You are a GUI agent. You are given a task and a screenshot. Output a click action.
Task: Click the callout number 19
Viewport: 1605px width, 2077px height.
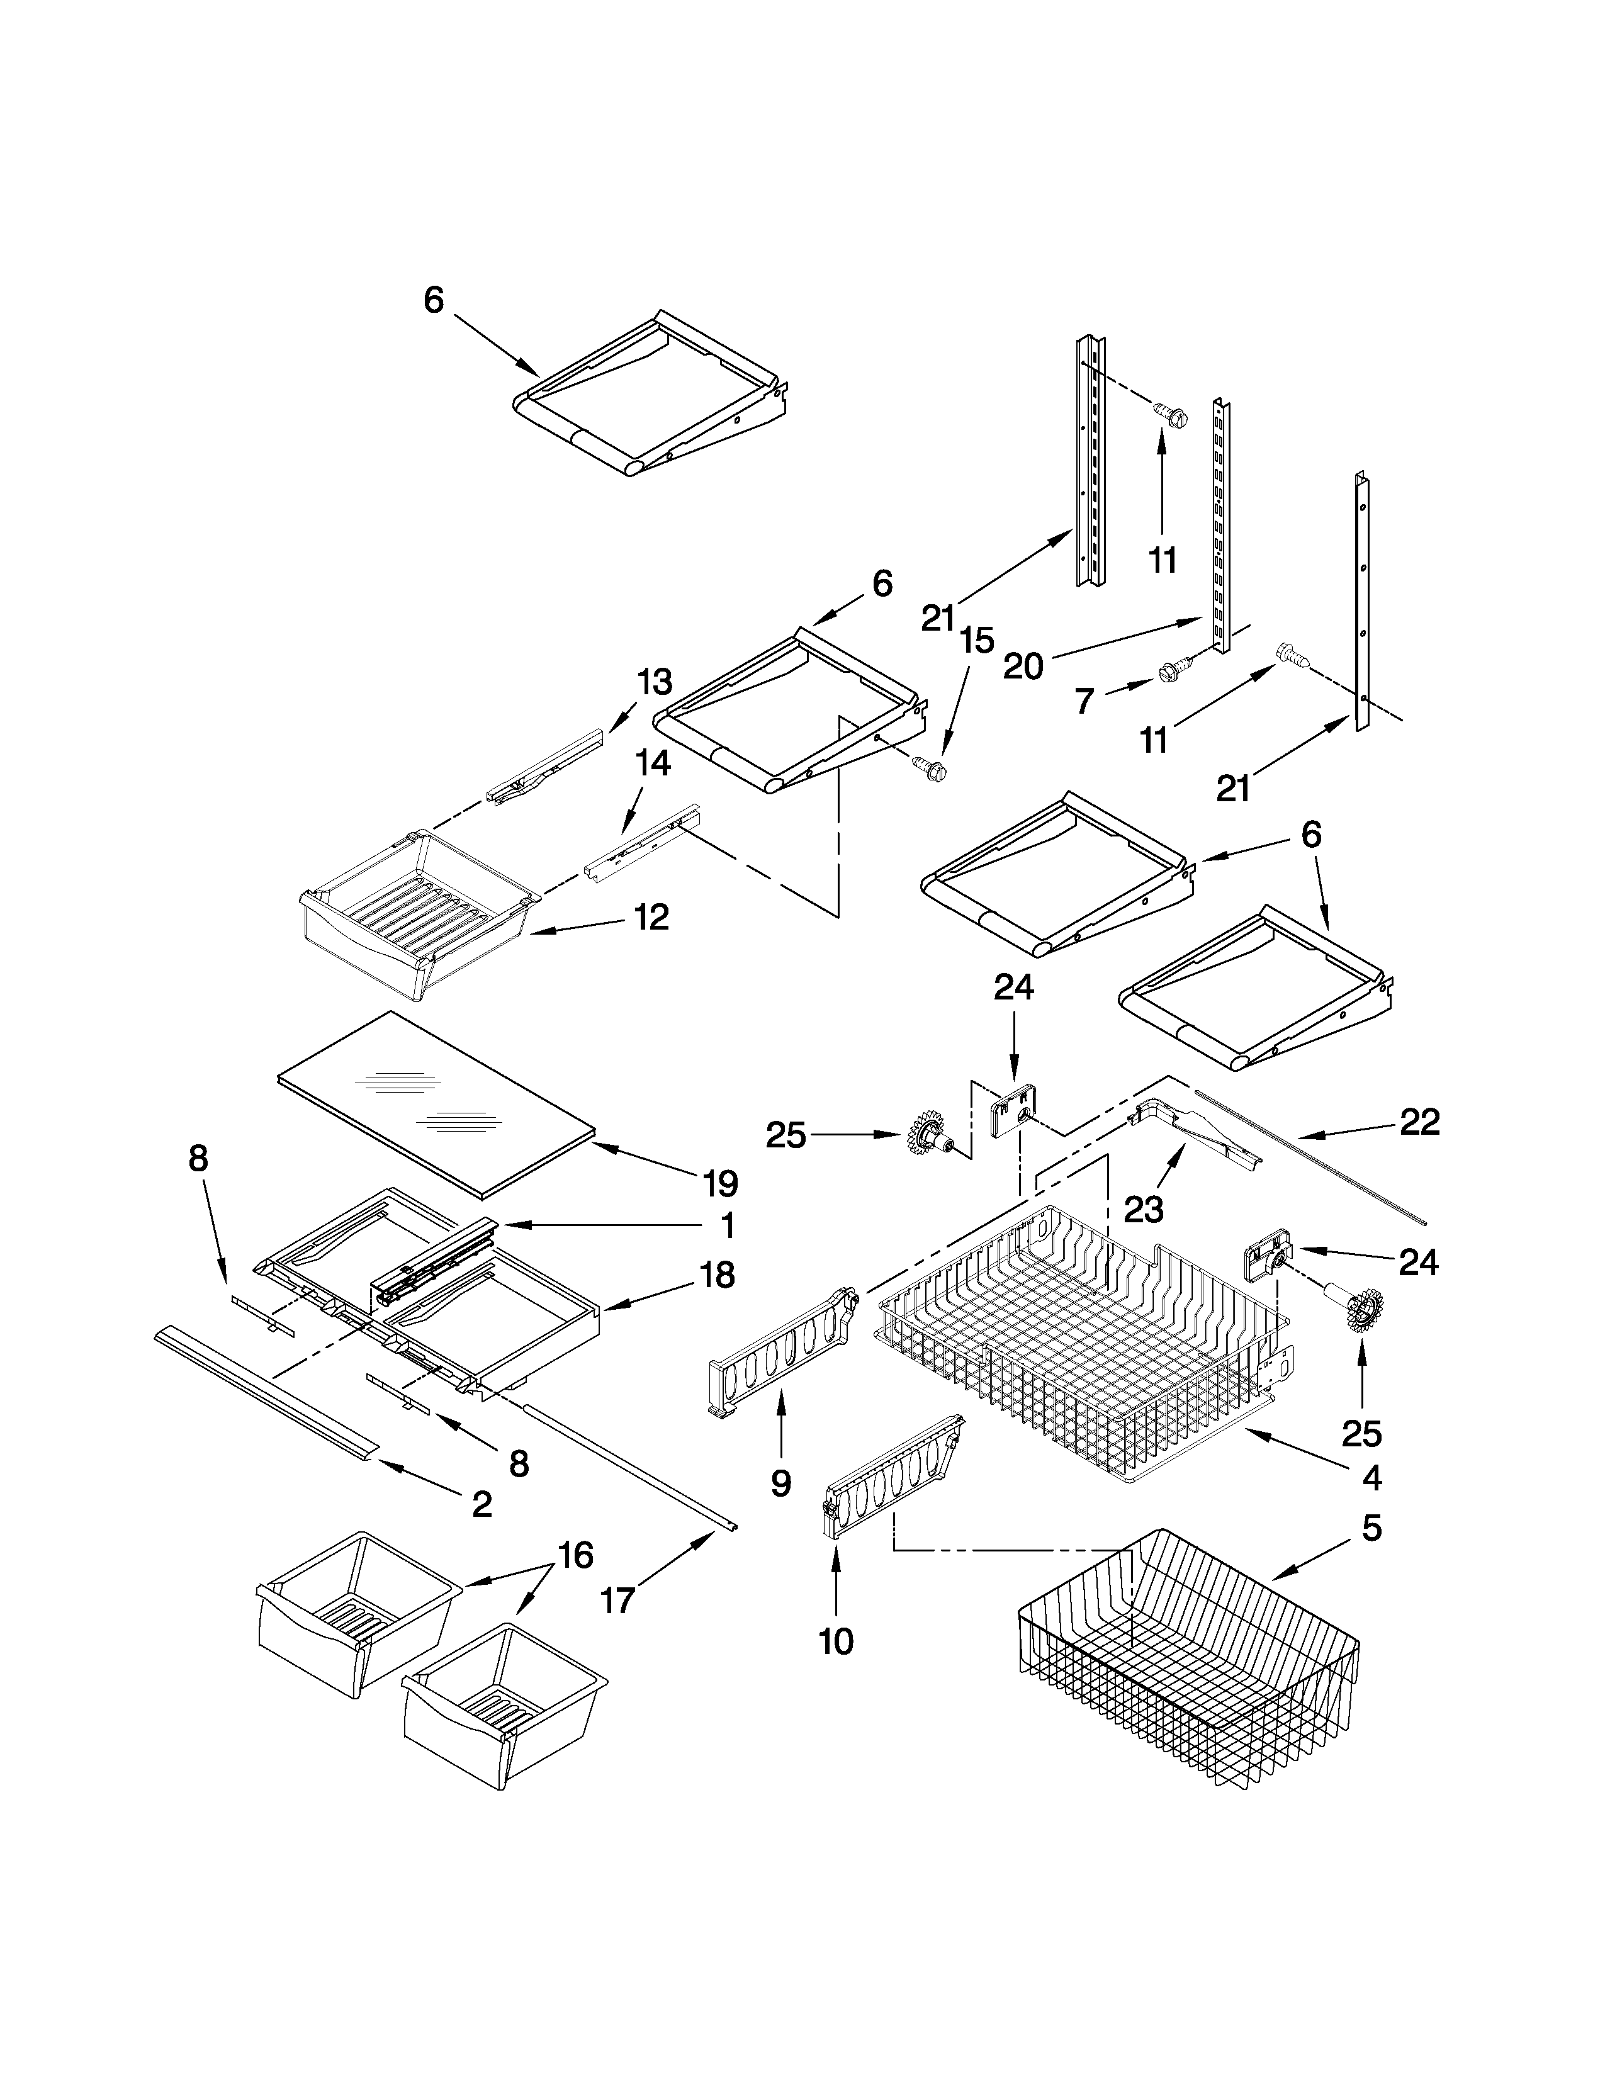(721, 1183)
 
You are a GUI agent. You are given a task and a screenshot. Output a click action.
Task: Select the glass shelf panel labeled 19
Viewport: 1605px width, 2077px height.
(437, 1103)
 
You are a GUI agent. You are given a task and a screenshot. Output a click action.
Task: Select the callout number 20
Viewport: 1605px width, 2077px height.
(1024, 666)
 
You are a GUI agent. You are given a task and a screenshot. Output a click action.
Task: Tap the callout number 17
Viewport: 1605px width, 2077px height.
(618, 1601)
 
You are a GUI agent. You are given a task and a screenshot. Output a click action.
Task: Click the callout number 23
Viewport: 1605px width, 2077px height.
(1144, 1210)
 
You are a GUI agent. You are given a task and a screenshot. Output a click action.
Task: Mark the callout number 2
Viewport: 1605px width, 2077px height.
(482, 1504)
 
